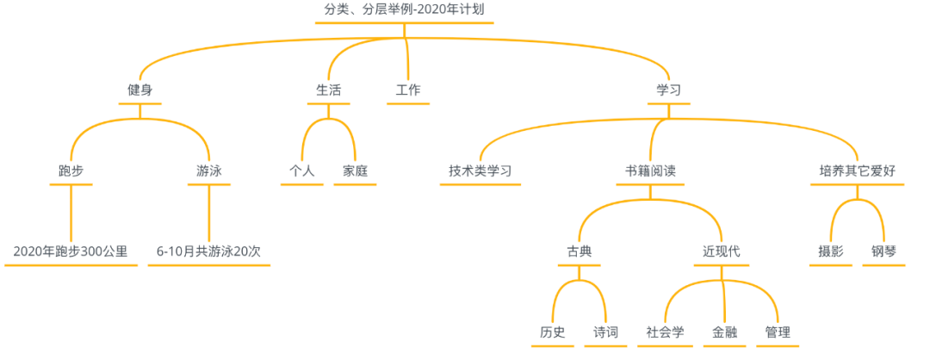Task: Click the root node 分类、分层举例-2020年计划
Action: (x=404, y=9)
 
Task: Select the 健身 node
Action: (x=140, y=90)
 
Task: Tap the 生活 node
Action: (x=329, y=90)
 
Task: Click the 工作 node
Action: (x=408, y=90)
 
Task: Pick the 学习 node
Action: (x=669, y=90)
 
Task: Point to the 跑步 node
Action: (x=71, y=171)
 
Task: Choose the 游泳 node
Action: (x=209, y=171)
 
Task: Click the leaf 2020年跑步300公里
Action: (x=71, y=251)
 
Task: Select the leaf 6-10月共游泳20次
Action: (x=208, y=251)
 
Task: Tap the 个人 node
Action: (x=302, y=171)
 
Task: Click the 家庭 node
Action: (x=355, y=171)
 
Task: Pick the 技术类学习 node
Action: (x=480, y=171)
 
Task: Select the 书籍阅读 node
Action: (x=650, y=171)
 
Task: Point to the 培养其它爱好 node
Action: (x=857, y=171)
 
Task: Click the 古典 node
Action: (x=579, y=251)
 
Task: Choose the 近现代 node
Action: (x=722, y=251)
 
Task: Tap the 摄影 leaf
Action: (x=831, y=251)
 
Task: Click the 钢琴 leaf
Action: (x=883, y=251)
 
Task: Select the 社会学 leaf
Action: (x=666, y=332)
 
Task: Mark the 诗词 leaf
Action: (x=605, y=332)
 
